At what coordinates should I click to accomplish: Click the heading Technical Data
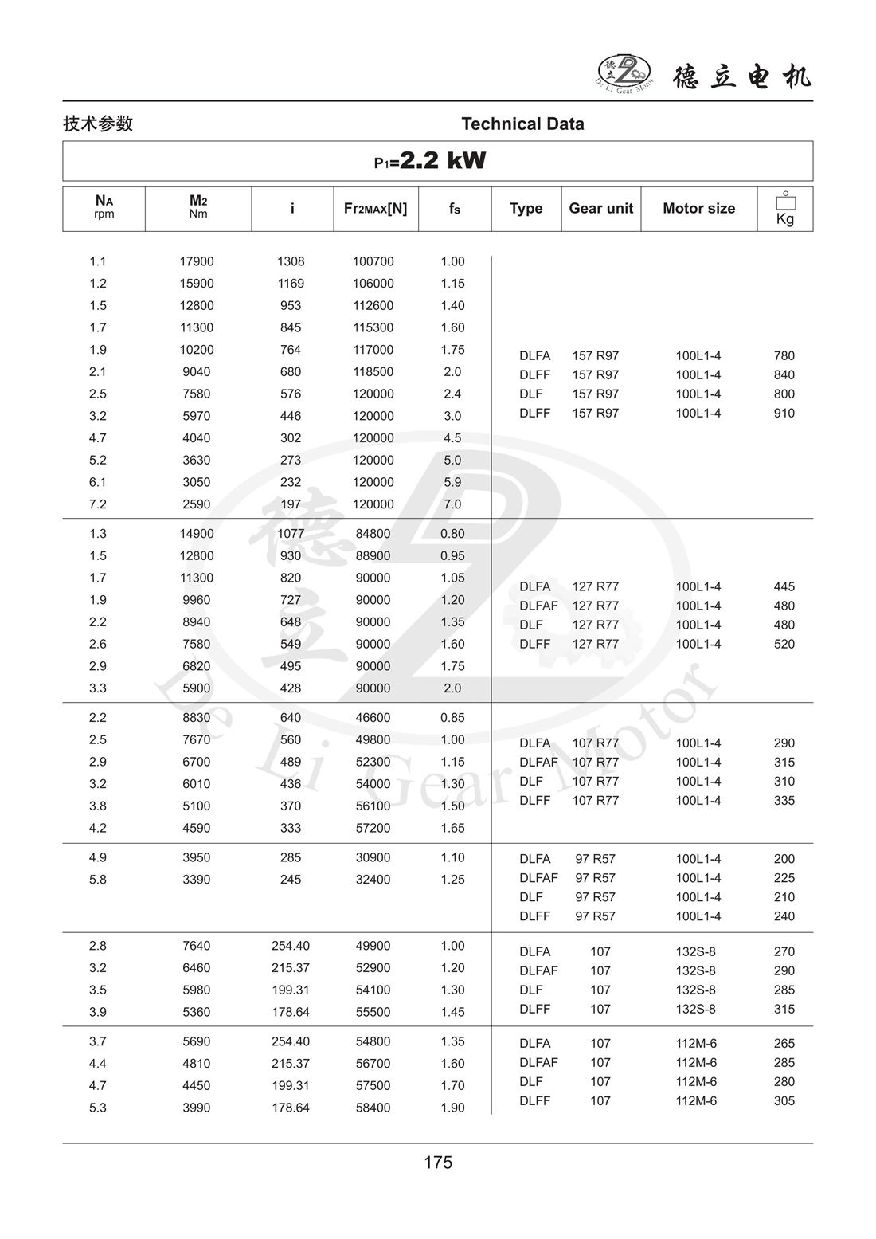coord(522,124)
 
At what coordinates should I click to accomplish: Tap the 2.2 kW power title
coord(431,161)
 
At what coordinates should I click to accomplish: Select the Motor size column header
coord(698,208)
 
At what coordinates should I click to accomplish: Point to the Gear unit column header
coord(600,208)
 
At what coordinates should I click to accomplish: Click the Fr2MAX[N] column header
coord(375,208)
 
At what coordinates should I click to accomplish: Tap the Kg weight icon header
coord(785,209)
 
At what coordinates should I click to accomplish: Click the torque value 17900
coord(197,261)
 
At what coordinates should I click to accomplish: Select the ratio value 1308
coord(291,261)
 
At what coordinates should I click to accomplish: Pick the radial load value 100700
coord(373,261)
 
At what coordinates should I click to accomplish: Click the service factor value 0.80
coord(452,534)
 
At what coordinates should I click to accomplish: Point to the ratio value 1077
coord(291,534)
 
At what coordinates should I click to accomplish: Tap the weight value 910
coord(784,413)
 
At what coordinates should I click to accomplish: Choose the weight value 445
coord(784,586)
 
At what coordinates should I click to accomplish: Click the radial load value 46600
coord(373,718)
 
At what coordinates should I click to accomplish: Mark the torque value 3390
coord(197,880)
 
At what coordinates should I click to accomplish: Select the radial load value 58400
coord(373,1108)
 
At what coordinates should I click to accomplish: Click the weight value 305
coord(784,1100)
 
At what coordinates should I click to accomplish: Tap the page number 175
coord(438,1163)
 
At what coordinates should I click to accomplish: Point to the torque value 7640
coord(197,946)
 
